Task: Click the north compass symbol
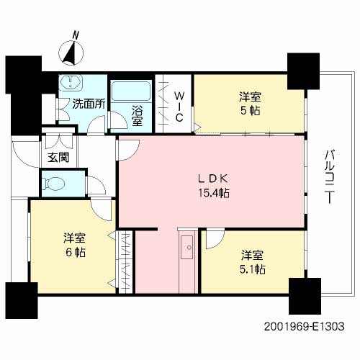pos(71,53)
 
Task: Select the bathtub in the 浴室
pos(131,91)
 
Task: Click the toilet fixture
pos(53,184)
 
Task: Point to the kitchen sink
pos(186,247)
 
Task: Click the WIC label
pos(179,107)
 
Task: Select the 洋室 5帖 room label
pos(250,104)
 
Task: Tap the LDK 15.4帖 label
pos(213,186)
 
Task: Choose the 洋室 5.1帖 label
pos(253,262)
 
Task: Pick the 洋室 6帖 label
pos(74,245)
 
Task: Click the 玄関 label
pos(58,158)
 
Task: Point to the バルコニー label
pos(330,176)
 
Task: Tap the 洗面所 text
pos(89,104)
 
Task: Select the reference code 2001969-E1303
pos(304,326)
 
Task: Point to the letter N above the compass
pos(76,35)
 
